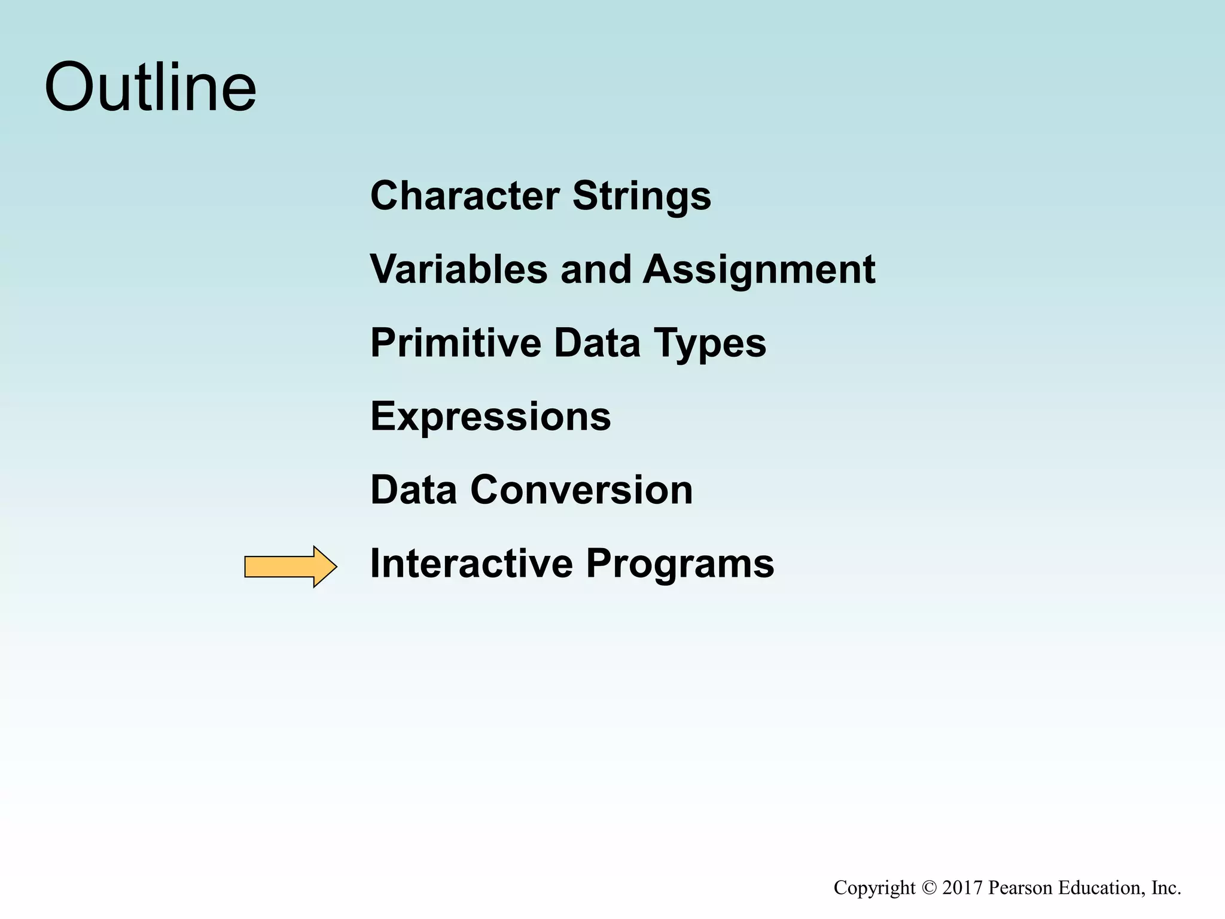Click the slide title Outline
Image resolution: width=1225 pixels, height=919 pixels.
pyautogui.click(x=150, y=88)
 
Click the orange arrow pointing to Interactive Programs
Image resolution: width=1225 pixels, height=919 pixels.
pyautogui.click(x=290, y=566)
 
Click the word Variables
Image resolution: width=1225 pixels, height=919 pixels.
pyautogui.click(x=458, y=269)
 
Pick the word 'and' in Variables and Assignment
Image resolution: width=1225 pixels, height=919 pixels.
pyautogui.click(x=595, y=269)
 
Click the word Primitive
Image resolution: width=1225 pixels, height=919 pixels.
pyautogui.click(x=455, y=343)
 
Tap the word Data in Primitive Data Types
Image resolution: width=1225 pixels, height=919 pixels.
pyautogui.click(x=597, y=343)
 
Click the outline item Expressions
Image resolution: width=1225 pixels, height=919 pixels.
pyautogui.click(x=490, y=416)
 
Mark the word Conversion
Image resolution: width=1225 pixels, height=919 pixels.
pyautogui.click(x=581, y=490)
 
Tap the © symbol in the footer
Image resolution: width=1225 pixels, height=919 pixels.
pyautogui.click(x=929, y=888)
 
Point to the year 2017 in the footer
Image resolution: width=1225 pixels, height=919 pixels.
pyautogui.click(x=962, y=888)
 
